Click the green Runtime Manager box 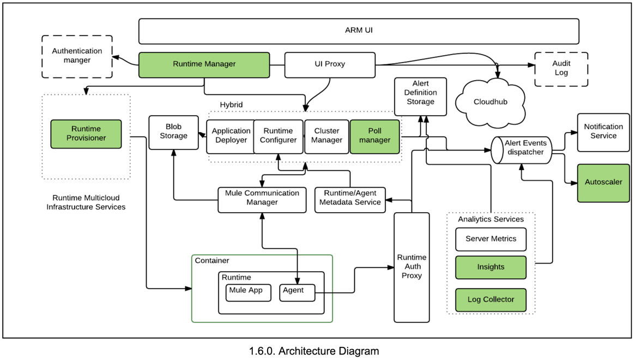[204, 64]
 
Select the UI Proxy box [330, 64]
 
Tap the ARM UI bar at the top [359, 31]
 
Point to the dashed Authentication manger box [77, 56]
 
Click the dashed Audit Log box [561, 69]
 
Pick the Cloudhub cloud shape [491, 102]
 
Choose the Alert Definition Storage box [420, 96]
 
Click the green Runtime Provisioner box [86, 134]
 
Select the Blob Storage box [173, 131]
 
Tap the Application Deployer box [231, 136]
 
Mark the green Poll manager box [374, 136]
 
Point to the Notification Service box [603, 131]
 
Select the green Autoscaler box [603, 182]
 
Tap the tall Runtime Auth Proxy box [412, 267]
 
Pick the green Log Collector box [491, 299]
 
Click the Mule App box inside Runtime [249, 292]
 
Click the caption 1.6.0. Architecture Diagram [313, 351]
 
